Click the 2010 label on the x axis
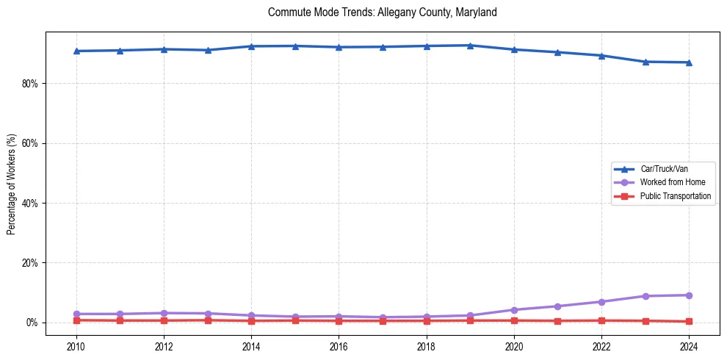[x=76, y=346]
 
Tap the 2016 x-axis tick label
[x=339, y=346]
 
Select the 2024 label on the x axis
[x=688, y=346]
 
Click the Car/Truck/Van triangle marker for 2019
[x=470, y=46]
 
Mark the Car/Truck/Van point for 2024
[x=688, y=62]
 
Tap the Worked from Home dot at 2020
[x=514, y=310]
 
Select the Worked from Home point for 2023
[x=645, y=296]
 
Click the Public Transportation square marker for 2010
[x=76, y=320]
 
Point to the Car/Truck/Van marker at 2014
[x=251, y=46]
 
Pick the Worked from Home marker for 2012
[x=164, y=313]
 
